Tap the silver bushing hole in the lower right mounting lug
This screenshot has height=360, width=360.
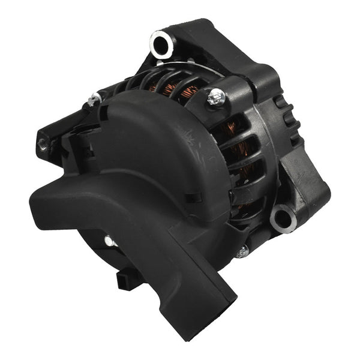283,217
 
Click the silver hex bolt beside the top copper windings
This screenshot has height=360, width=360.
215,97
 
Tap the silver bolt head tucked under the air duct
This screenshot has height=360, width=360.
110,241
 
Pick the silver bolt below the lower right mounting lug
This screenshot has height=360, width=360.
242,252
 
